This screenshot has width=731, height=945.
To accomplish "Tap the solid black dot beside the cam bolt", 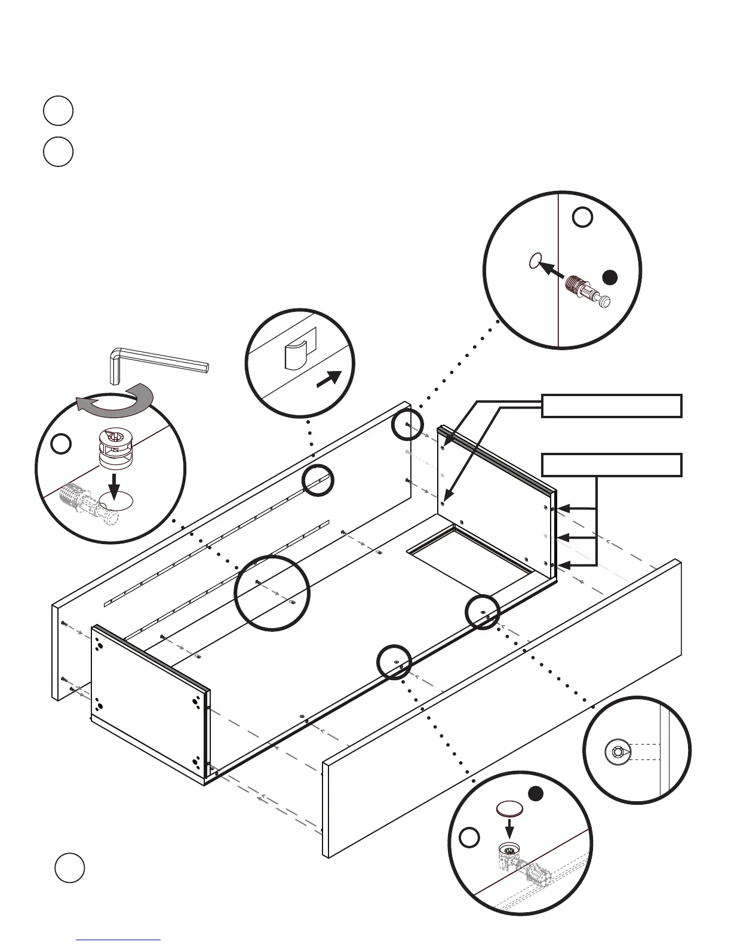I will [609, 277].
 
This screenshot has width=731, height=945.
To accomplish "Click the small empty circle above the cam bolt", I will [582, 217].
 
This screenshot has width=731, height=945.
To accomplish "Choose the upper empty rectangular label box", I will [612, 406].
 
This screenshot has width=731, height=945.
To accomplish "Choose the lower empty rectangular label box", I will [612, 465].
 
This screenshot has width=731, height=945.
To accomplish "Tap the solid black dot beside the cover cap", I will [536, 794].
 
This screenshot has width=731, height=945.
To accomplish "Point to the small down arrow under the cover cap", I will [510, 829].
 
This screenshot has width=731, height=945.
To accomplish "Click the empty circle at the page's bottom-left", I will [69, 868].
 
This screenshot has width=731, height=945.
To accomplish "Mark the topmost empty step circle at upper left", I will [58, 111].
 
